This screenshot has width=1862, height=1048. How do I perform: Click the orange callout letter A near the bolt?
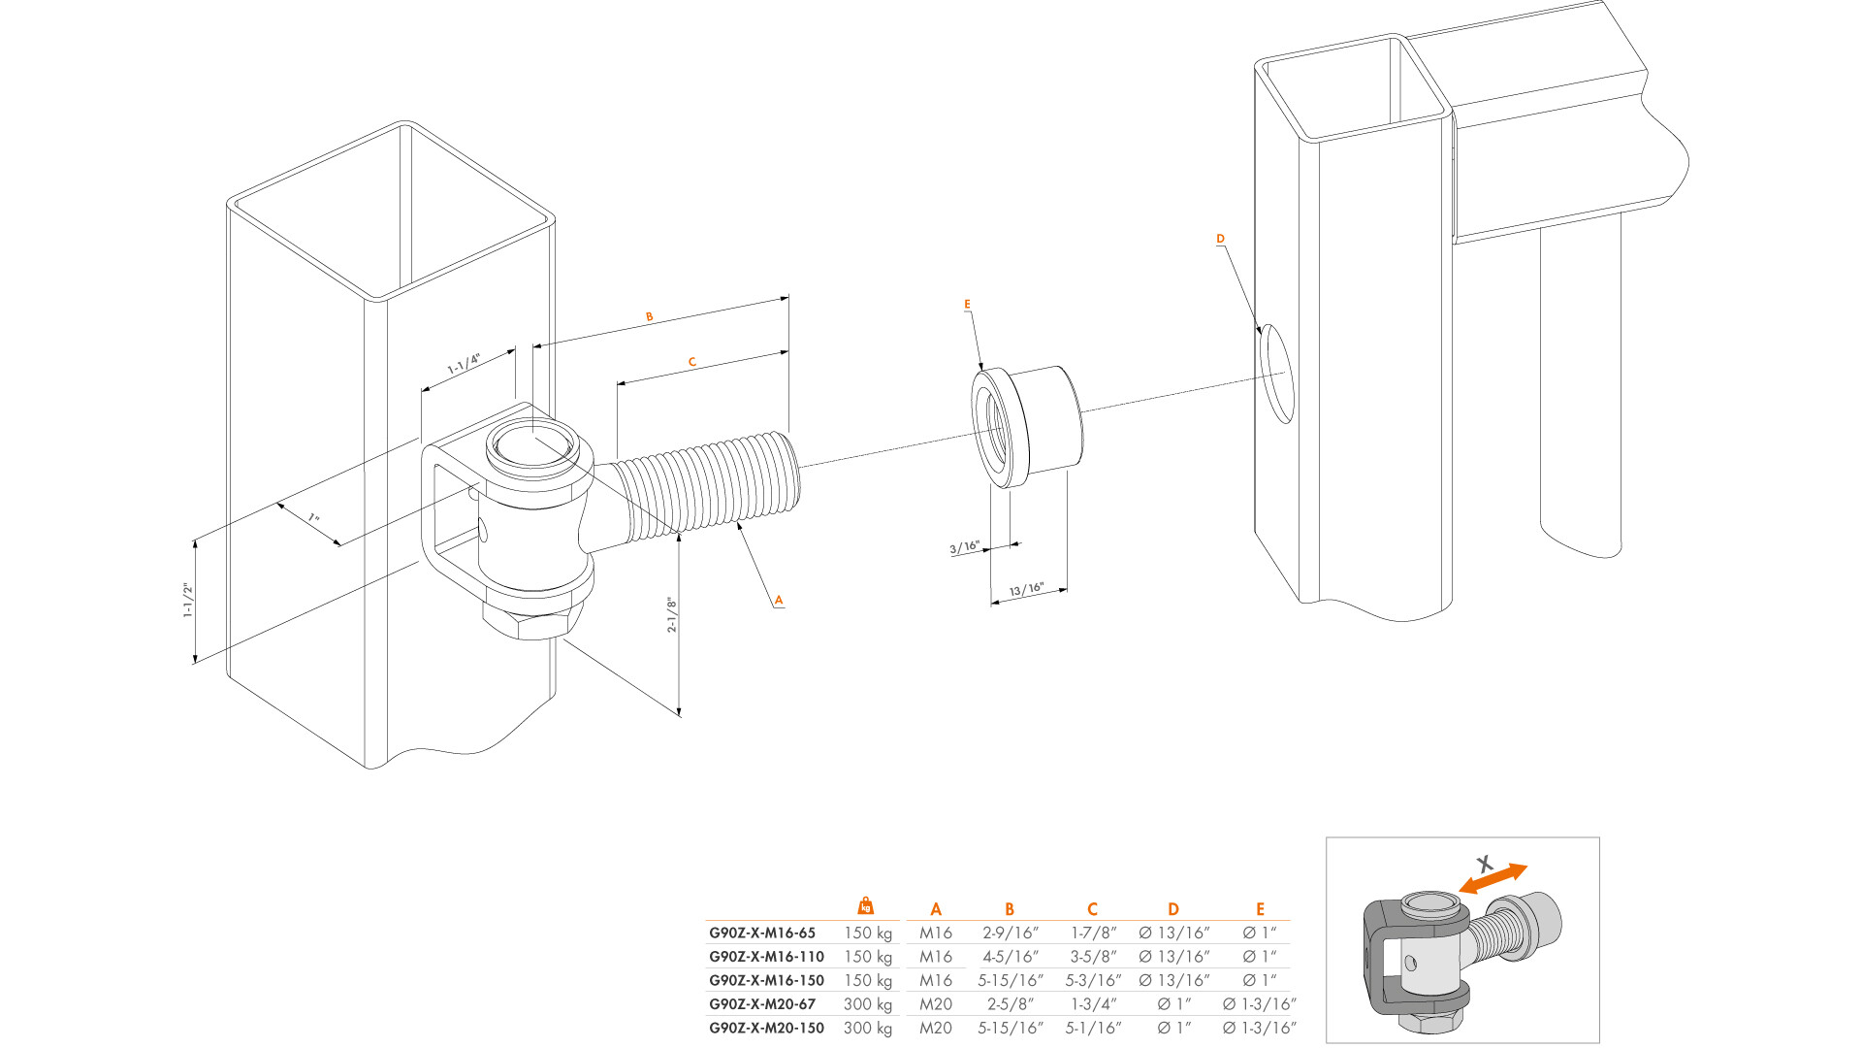click(779, 600)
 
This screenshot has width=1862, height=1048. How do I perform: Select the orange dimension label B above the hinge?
click(650, 316)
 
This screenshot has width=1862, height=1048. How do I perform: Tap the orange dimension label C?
click(691, 362)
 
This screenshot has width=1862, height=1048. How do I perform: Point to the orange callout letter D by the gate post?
click(1220, 239)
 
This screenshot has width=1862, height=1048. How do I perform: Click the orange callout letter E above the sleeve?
click(967, 305)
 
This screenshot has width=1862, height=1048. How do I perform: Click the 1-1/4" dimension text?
click(464, 364)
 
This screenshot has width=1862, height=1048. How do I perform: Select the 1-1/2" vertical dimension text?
click(188, 601)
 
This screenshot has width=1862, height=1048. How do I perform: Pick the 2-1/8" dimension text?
click(671, 615)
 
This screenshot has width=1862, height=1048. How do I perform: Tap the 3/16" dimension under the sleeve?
click(964, 548)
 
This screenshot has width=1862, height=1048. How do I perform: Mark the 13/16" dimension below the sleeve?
click(1026, 589)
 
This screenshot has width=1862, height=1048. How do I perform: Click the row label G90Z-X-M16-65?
click(762, 933)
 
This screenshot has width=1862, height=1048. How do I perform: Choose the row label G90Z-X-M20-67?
click(762, 1004)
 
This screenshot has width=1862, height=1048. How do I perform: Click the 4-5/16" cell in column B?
click(1011, 957)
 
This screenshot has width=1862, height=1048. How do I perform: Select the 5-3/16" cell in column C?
click(1093, 981)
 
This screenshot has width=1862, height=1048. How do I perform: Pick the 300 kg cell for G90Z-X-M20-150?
click(868, 1028)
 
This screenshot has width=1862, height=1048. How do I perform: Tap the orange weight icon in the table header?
click(866, 905)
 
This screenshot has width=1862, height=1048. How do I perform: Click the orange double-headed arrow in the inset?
click(1493, 878)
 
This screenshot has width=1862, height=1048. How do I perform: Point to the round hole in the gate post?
click(1277, 374)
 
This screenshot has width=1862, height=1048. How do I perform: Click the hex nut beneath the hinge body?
click(529, 622)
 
